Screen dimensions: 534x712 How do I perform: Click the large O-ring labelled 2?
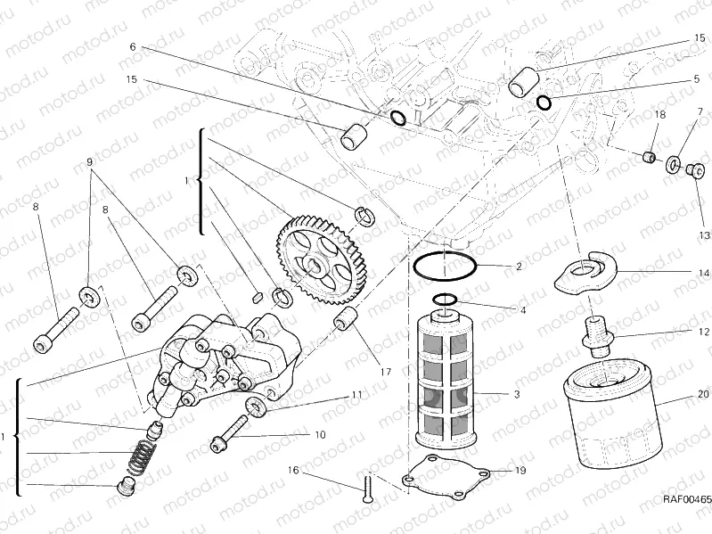(445, 266)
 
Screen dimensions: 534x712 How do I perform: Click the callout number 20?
(703, 393)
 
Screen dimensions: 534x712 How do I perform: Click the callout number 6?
(133, 46)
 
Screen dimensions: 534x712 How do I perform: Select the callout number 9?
(89, 162)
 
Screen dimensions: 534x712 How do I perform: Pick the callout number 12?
(703, 332)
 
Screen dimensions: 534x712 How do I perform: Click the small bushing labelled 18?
(647, 158)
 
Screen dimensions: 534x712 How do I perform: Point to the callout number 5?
(697, 78)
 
